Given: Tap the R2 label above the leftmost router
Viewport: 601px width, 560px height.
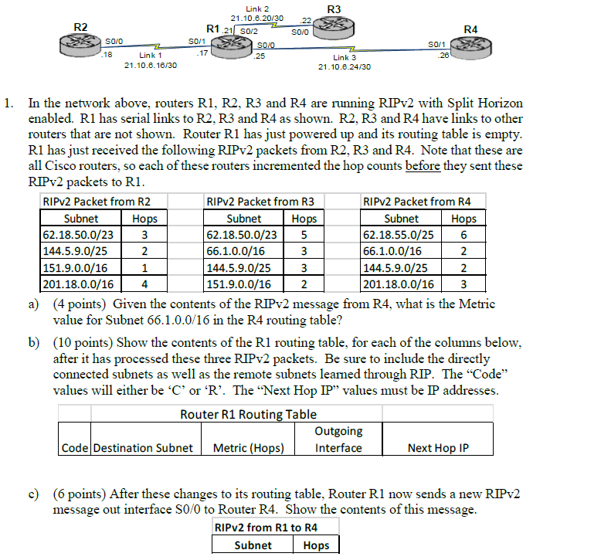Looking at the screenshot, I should pyautogui.click(x=80, y=27).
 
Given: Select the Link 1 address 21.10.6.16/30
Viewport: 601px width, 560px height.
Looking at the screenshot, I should pyautogui.click(x=151, y=66).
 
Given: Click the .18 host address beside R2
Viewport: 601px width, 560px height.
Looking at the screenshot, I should pyautogui.click(x=107, y=55).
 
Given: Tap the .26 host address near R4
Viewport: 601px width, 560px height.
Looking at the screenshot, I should pyautogui.click(x=443, y=56).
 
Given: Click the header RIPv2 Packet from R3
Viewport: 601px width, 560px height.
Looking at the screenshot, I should pyautogui.click(x=261, y=202).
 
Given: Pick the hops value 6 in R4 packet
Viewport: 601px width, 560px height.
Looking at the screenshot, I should pyautogui.click(x=463, y=234).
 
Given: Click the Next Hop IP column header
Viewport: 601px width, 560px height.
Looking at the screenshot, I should pyautogui.click(x=438, y=448).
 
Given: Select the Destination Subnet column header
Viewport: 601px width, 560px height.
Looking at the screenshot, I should pyautogui.click(x=143, y=448).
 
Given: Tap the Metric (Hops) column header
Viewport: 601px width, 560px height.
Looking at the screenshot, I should pyautogui.click(x=249, y=448).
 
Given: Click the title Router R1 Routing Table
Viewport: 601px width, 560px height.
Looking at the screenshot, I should pyautogui.click(x=248, y=414).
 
